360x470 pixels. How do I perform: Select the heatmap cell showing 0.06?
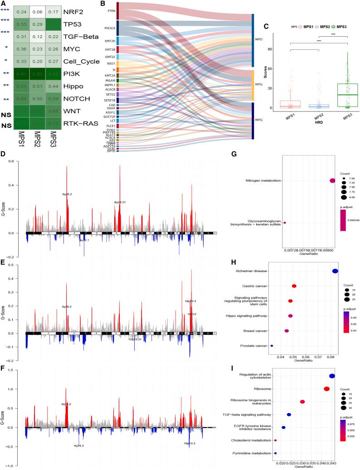pos(37,13)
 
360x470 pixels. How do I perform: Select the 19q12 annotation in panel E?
pos(192,314)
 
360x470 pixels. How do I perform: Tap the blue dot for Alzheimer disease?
pos(335,271)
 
